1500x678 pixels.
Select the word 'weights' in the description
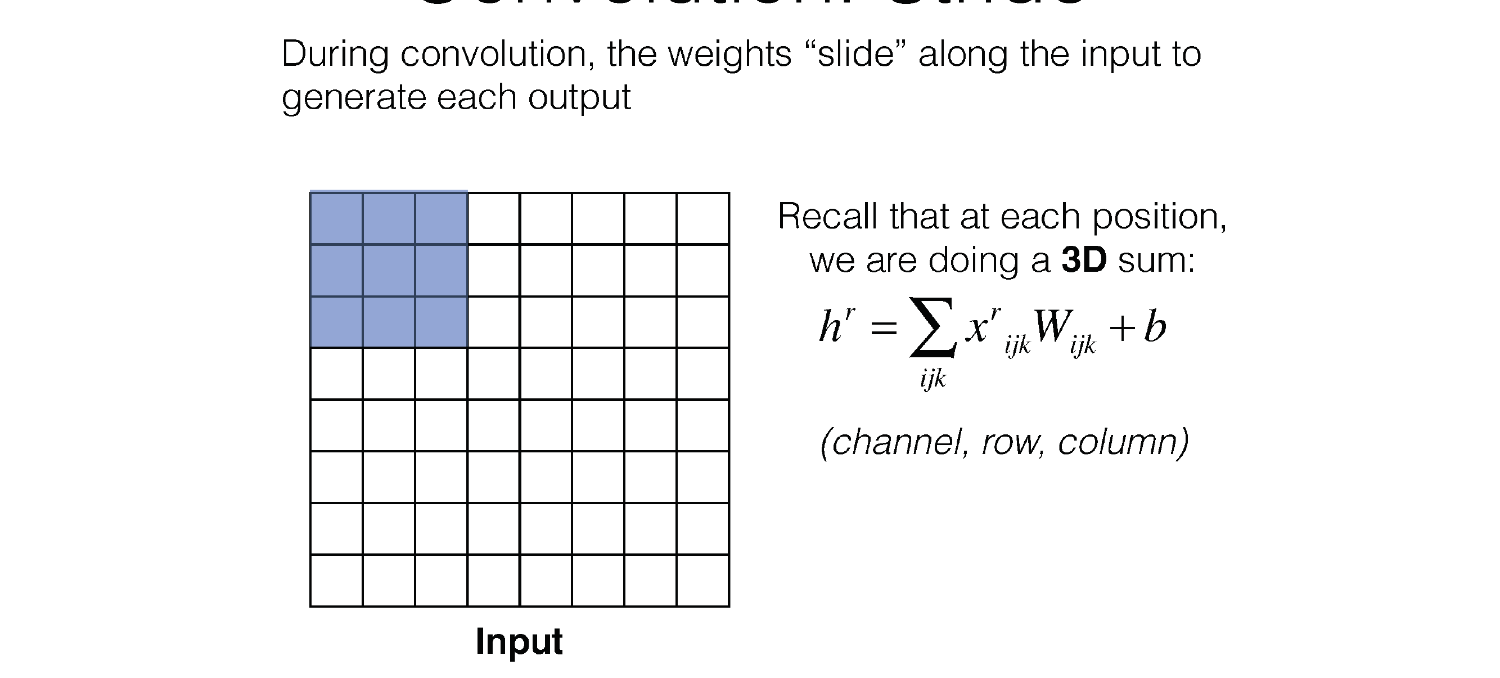pos(729,54)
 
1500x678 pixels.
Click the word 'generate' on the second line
pos(353,97)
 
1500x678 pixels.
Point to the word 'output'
pos(579,97)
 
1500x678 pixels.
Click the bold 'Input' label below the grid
pos(519,641)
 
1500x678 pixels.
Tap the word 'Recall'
pos(827,217)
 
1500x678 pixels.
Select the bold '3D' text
pos(1084,260)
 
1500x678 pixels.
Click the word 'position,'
pos(1159,217)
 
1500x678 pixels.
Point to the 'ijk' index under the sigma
pos(933,379)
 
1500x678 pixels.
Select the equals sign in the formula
pos(884,329)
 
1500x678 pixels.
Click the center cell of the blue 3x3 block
pos(389,270)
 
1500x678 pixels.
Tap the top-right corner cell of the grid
pos(703,218)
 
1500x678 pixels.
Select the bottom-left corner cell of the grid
pos(336,581)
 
